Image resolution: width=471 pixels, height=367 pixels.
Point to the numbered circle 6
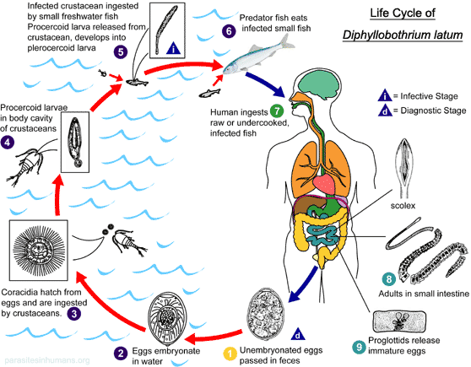point(228,30)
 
